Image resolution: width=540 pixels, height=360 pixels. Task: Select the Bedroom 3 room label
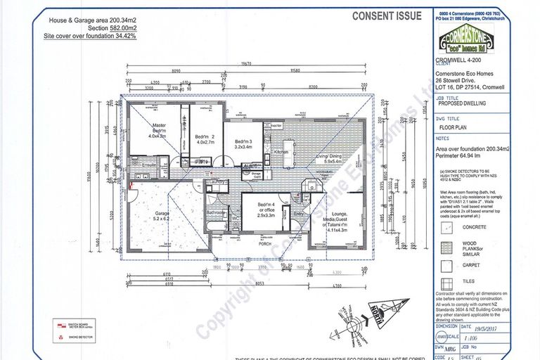pos(243,144)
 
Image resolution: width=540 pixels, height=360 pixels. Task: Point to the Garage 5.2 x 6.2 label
pos(148,214)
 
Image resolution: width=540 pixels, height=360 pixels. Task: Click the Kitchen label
pos(281,151)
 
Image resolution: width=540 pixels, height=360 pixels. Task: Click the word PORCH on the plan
pos(264,245)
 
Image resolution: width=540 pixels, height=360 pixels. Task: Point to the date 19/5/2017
pos(491,326)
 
